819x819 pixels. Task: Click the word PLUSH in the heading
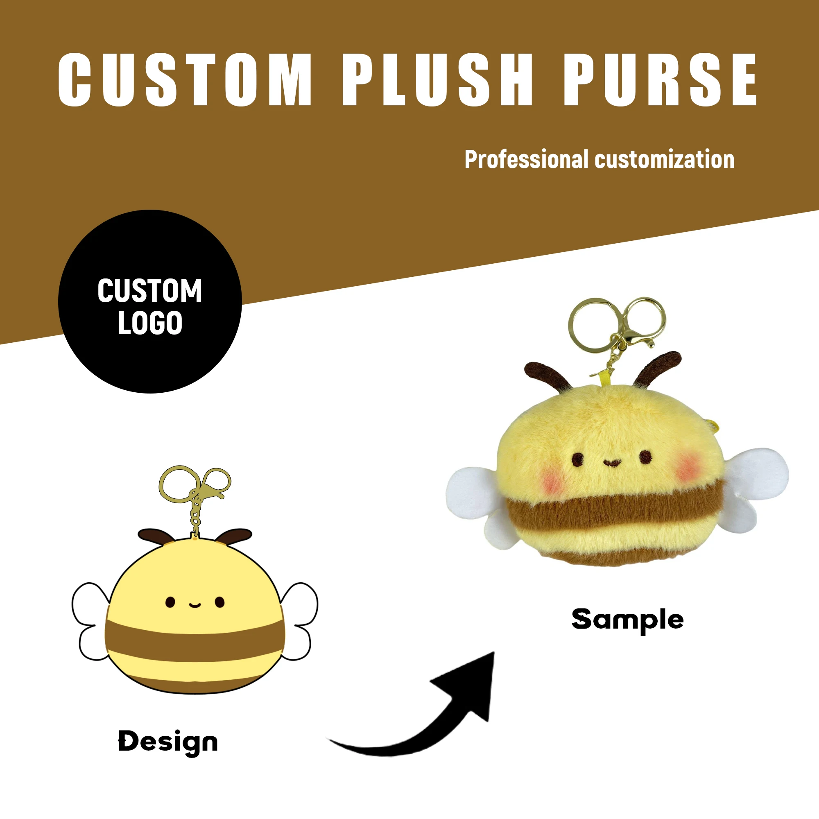(x=437, y=79)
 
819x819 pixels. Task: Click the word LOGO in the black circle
(x=150, y=323)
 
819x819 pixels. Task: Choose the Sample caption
(x=627, y=620)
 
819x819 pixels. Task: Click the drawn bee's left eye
(x=170, y=602)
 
